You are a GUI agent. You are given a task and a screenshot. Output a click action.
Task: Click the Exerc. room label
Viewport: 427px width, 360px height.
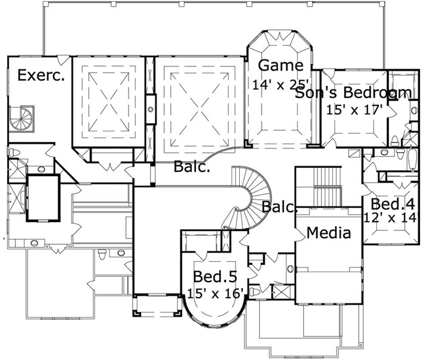[41, 75]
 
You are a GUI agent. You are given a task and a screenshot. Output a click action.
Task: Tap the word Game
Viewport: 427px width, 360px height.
[281, 65]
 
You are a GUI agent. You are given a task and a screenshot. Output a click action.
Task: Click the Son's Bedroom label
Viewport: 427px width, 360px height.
[352, 93]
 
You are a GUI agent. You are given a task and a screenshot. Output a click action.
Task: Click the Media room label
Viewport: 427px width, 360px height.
[329, 233]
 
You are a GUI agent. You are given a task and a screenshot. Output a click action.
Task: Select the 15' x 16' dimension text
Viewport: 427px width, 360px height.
[216, 293]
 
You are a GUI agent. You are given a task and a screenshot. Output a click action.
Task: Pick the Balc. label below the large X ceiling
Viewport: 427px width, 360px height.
[191, 167]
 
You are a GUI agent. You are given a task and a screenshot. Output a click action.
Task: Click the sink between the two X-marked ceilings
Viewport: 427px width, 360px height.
[150, 109]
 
